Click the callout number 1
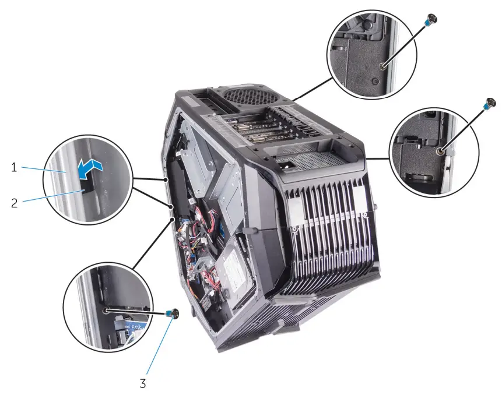click(13, 167)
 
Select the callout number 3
click(142, 384)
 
